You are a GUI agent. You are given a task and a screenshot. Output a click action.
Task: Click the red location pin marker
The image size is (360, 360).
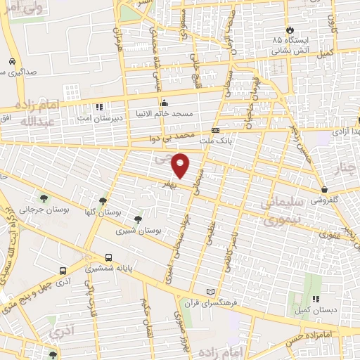[x=181, y=165]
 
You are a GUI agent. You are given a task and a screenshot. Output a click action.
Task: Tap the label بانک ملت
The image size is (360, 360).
[x=214, y=141]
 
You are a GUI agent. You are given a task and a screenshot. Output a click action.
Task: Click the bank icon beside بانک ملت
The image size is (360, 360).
[x=214, y=130]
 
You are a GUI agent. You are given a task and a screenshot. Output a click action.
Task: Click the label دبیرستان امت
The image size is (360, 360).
[x=102, y=117]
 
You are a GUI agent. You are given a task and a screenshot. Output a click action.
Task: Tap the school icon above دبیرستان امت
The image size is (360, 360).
[x=100, y=108]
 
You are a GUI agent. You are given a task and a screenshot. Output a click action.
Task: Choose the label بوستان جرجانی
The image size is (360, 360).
[x=44, y=209]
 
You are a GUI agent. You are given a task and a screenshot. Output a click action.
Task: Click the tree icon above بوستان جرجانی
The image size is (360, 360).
[x=44, y=199]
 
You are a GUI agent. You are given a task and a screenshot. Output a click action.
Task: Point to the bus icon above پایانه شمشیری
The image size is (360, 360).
[x=108, y=258]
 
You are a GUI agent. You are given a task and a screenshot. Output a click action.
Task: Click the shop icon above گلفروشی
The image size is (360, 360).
[x=324, y=189]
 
